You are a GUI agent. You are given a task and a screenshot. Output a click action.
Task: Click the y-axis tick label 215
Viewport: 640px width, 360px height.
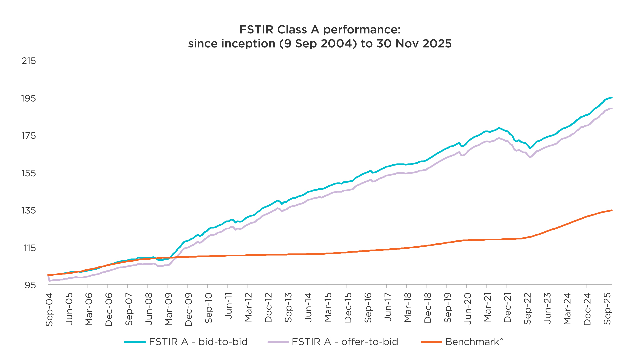click(28, 61)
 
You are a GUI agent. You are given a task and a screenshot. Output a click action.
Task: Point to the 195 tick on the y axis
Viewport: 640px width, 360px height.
click(28, 98)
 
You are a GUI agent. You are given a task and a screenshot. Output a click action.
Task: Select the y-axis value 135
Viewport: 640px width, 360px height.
click(28, 210)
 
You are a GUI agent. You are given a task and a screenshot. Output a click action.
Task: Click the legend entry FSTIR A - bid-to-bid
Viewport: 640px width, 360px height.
click(198, 342)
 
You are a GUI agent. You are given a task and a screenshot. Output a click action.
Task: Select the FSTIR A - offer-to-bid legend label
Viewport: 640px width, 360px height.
click(345, 342)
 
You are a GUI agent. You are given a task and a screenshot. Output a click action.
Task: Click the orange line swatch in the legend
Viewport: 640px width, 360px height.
click(431, 342)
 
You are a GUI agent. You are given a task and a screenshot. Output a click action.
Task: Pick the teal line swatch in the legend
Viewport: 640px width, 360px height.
click(135, 342)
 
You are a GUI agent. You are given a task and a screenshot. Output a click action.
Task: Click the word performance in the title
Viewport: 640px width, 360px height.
click(362, 30)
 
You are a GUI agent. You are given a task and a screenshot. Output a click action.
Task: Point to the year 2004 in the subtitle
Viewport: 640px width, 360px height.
click(339, 44)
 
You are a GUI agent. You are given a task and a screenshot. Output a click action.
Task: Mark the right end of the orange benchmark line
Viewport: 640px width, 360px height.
click(612, 210)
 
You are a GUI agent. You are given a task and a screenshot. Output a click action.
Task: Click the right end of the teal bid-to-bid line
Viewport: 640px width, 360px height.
click(612, 98)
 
